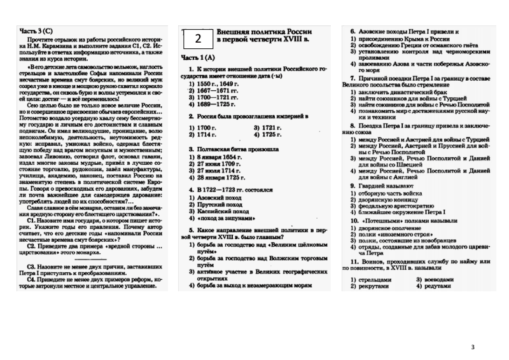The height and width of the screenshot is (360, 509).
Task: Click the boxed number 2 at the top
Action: click(x=198, y=39)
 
